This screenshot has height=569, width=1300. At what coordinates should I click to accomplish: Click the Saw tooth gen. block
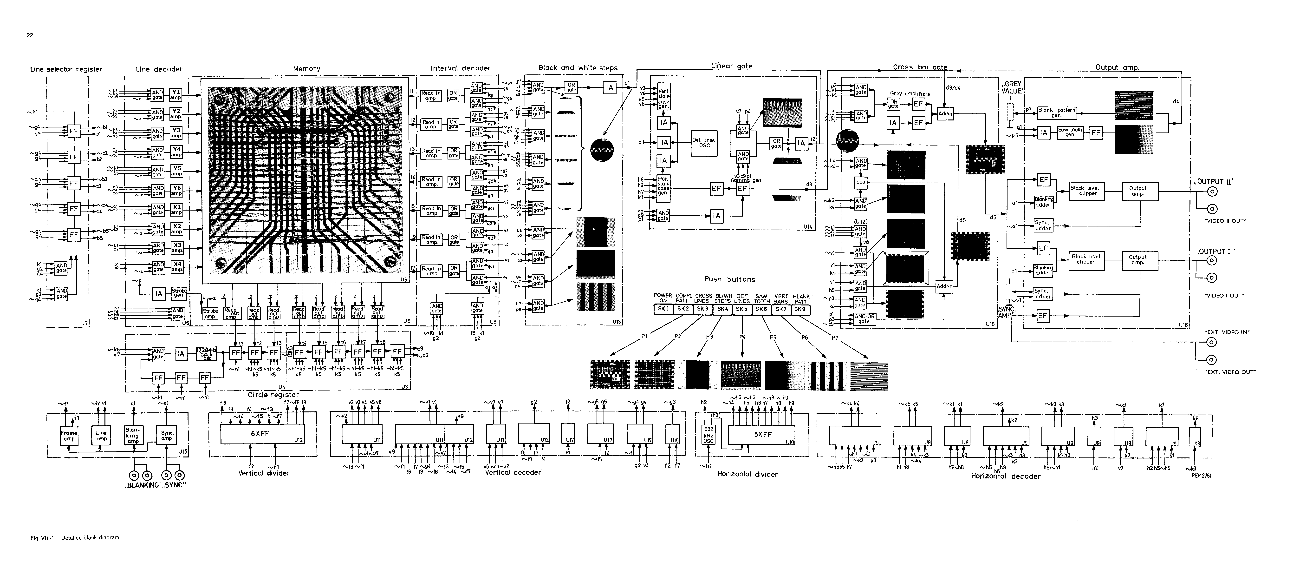[1070, 132]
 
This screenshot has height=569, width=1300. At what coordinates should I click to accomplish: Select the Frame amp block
[69, 435]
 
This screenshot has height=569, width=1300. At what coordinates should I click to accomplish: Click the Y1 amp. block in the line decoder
[176, 94]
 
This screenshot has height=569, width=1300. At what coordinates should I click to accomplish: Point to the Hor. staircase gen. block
[663, 186]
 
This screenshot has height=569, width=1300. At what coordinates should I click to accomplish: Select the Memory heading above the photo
[306, 69]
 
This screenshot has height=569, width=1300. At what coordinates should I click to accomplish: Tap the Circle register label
[273, 394]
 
